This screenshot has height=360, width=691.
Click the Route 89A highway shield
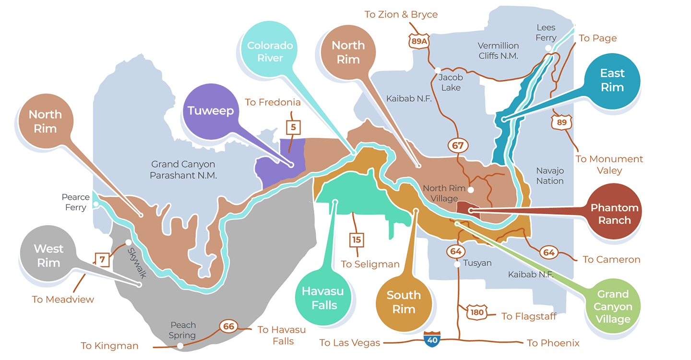click(x=418, y=41)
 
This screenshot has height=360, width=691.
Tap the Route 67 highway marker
click(x=458, y=145)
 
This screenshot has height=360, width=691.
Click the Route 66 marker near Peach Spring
click(x=229, y=327)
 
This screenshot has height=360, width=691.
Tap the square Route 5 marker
click(x=293, y=128)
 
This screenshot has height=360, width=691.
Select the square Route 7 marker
click(x=102, y=260)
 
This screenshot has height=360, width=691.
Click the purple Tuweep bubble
click(x=211, y=111)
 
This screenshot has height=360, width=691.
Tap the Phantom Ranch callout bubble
click(x=614, y=214)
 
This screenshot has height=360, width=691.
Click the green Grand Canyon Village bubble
click(x=613, y=306)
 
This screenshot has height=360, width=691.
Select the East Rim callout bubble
click(x=612, y=80)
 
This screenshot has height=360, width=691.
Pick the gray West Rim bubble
click(x=48, y=256)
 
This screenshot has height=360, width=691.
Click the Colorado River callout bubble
click(x=270, y=52)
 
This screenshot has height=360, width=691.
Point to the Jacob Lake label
click(x=451, y=83)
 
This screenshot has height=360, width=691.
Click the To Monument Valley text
click(x=609, y=165)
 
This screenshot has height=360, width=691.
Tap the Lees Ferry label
click(x=546, y=33)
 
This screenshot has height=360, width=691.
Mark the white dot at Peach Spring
click(x=180, y=346)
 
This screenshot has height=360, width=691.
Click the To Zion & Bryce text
click(x=401, y=14)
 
